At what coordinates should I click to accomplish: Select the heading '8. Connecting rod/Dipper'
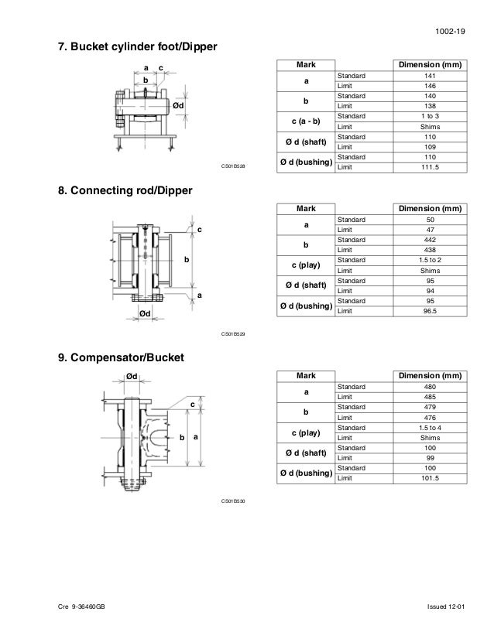[x=126, y=190]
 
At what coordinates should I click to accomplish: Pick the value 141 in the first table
[x=431, y=76]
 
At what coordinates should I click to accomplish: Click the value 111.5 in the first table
[x=431, y=167]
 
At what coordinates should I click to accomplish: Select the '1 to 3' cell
[x=431, y=115]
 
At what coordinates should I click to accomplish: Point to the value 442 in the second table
[x=431, y=241]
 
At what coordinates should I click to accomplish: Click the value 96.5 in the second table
[x=431, y=310]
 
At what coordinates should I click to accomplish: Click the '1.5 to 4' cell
[x=431, y=428]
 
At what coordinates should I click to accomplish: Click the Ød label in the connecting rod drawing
[x=145, y=313]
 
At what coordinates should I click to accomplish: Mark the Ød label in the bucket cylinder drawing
[x=178, y=104]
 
